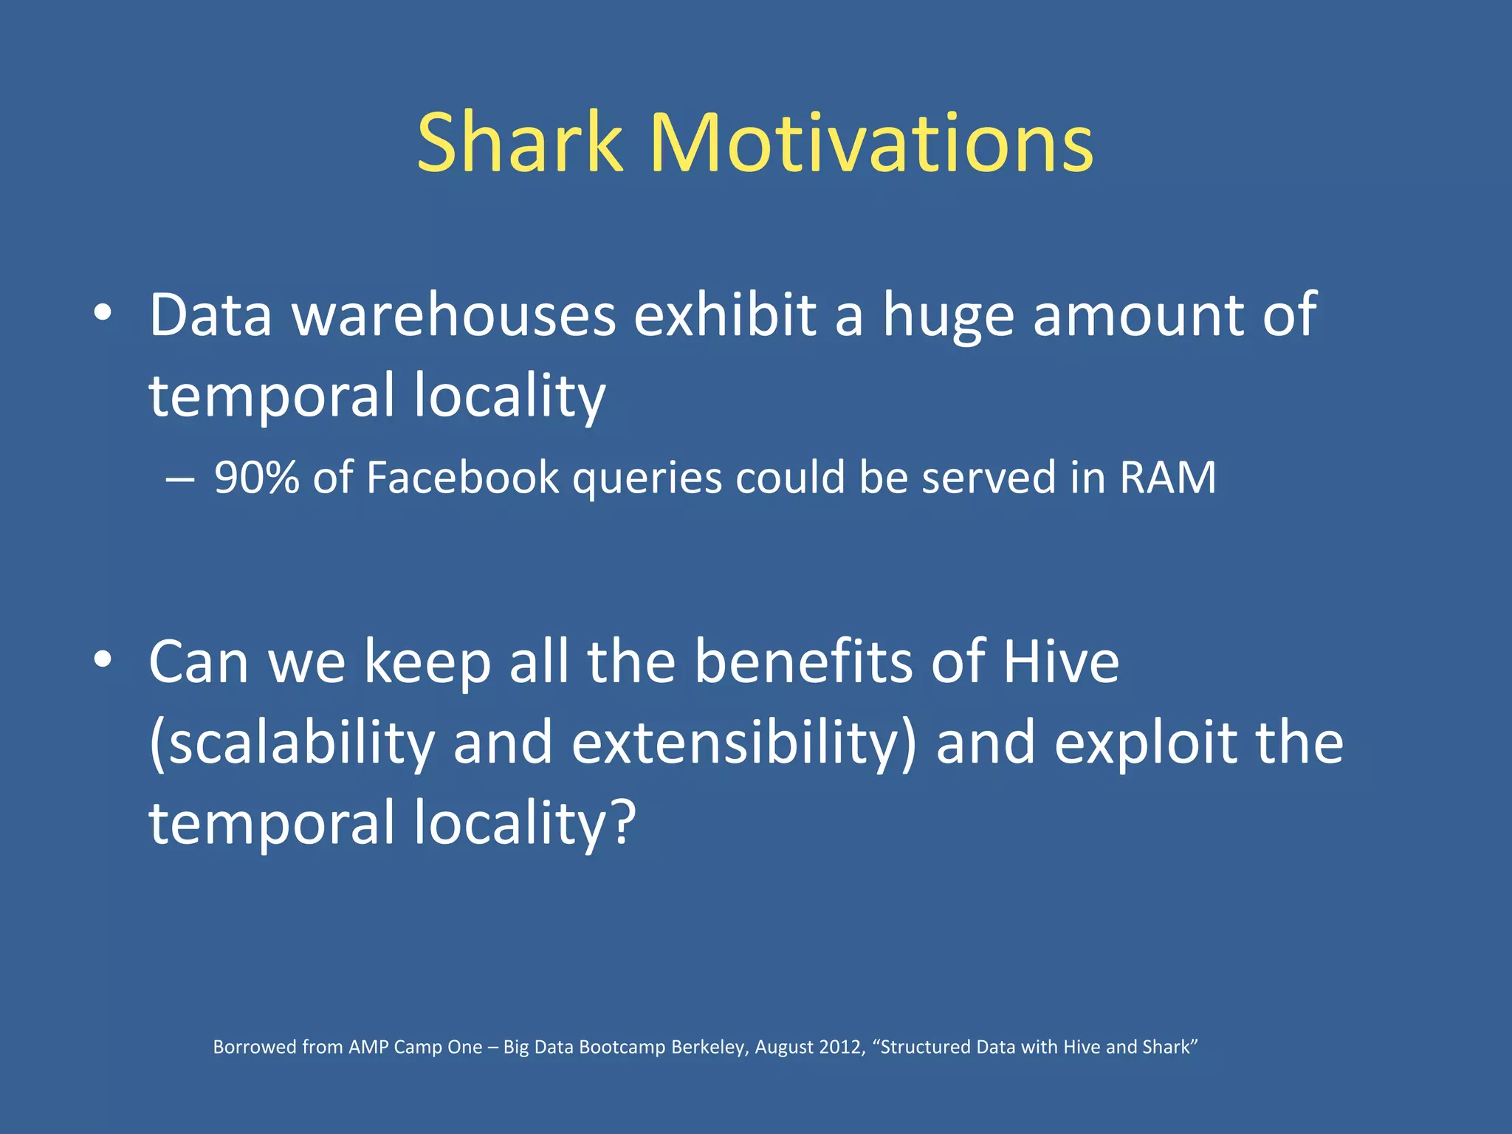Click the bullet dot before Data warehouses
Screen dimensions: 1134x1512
coord(103,313)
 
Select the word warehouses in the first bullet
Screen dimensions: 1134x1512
coord(454,315)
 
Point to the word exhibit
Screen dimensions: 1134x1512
coord(725,315)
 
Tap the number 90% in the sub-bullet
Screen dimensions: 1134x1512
coord(256,478)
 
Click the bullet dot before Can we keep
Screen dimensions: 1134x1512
coord(103,659)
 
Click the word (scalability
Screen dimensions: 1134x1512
coord(292,744)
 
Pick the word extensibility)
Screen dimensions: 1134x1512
coord(743,744)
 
